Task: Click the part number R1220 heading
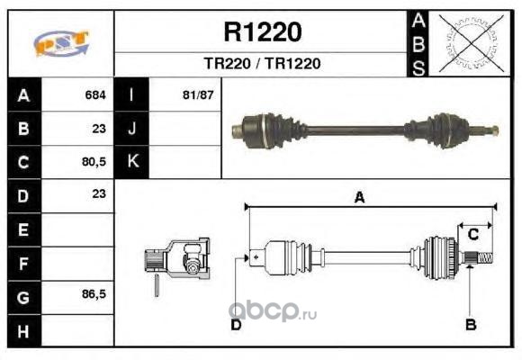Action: coord(263,32)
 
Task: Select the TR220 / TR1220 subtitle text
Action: coord(262,64)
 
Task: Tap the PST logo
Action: coord(61,43)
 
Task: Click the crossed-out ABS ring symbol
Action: coord(471,43)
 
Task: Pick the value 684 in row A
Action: coord(95,95)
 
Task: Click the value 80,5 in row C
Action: coord(94,162)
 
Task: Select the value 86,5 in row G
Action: coord(94,294)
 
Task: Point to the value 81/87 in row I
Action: coord(198,95)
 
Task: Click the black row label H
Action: coord(24,330)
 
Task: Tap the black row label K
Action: coord(131,162)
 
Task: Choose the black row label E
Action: coord(24,229)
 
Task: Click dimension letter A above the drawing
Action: coord(359,197)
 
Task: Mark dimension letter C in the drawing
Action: coord(473,234)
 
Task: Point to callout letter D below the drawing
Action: coord(236,325)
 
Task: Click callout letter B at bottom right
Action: coord(471,324)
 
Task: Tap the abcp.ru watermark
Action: coord(273,312)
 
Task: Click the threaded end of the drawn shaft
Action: coord(485,258)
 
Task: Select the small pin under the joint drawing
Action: coord(157,285)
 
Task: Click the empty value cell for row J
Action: coord(184,129)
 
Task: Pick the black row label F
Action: coord(24,264)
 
